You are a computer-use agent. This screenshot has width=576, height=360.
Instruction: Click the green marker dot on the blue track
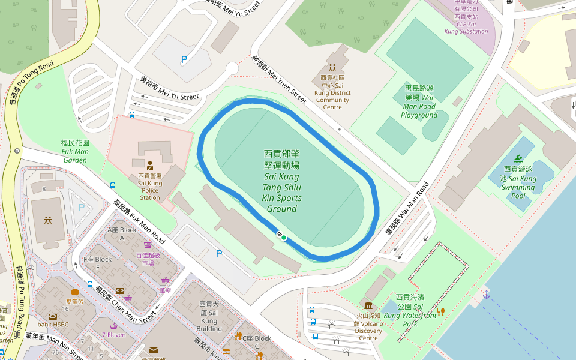tap(283, 238)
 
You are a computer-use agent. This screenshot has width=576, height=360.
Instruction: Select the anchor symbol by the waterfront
tap(487, 294)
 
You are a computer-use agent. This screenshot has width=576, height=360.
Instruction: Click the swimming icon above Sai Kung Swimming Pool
tap(517, 159)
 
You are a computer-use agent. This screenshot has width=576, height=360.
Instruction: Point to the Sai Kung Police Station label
tap(150, 187)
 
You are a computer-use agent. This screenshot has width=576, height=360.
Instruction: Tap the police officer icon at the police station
tap(150, 165)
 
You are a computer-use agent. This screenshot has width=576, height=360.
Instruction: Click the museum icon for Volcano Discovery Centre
tap(368, 305)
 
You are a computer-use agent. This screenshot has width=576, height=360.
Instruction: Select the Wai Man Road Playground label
tap(419, 101)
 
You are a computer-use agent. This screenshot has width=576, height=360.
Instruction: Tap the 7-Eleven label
tap(114, 335)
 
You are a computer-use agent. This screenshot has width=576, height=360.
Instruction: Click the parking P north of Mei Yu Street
tap(184, 59)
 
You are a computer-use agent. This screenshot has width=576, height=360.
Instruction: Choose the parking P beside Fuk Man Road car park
tap(219, 254)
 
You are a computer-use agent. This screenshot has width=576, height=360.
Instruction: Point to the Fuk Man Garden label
tap(75, 151)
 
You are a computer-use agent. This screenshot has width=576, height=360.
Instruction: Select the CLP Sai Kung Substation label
tap(466, 20)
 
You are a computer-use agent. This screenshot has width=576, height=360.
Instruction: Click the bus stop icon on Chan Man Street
tap(90, 284)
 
